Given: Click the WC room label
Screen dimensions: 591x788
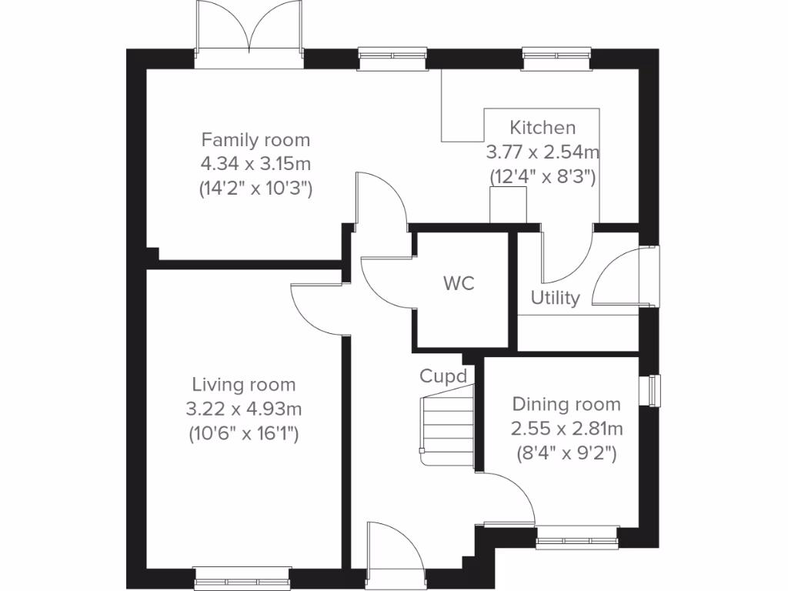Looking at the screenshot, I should tap(459, 283).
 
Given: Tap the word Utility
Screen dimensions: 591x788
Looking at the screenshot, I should tap(555, 299).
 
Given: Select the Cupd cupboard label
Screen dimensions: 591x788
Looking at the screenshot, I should tap(443, 376).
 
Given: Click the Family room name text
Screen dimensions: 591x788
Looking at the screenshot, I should tap(255, 140).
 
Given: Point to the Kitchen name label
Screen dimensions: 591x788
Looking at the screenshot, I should tap(543, 128).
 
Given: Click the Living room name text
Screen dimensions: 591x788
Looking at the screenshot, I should tap(243, 385).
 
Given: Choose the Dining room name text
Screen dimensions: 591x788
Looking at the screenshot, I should tap(566, 404).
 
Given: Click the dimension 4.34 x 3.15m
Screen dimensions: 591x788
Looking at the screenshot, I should tap(255, 164).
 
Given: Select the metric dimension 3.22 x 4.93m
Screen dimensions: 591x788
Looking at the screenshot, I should tap(243, 409).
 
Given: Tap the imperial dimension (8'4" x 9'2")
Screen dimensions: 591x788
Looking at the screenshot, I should tap(566, 454).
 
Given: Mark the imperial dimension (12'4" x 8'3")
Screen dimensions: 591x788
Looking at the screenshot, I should tap(543, 176).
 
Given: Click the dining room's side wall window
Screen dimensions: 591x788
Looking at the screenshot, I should tap(653, 389).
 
